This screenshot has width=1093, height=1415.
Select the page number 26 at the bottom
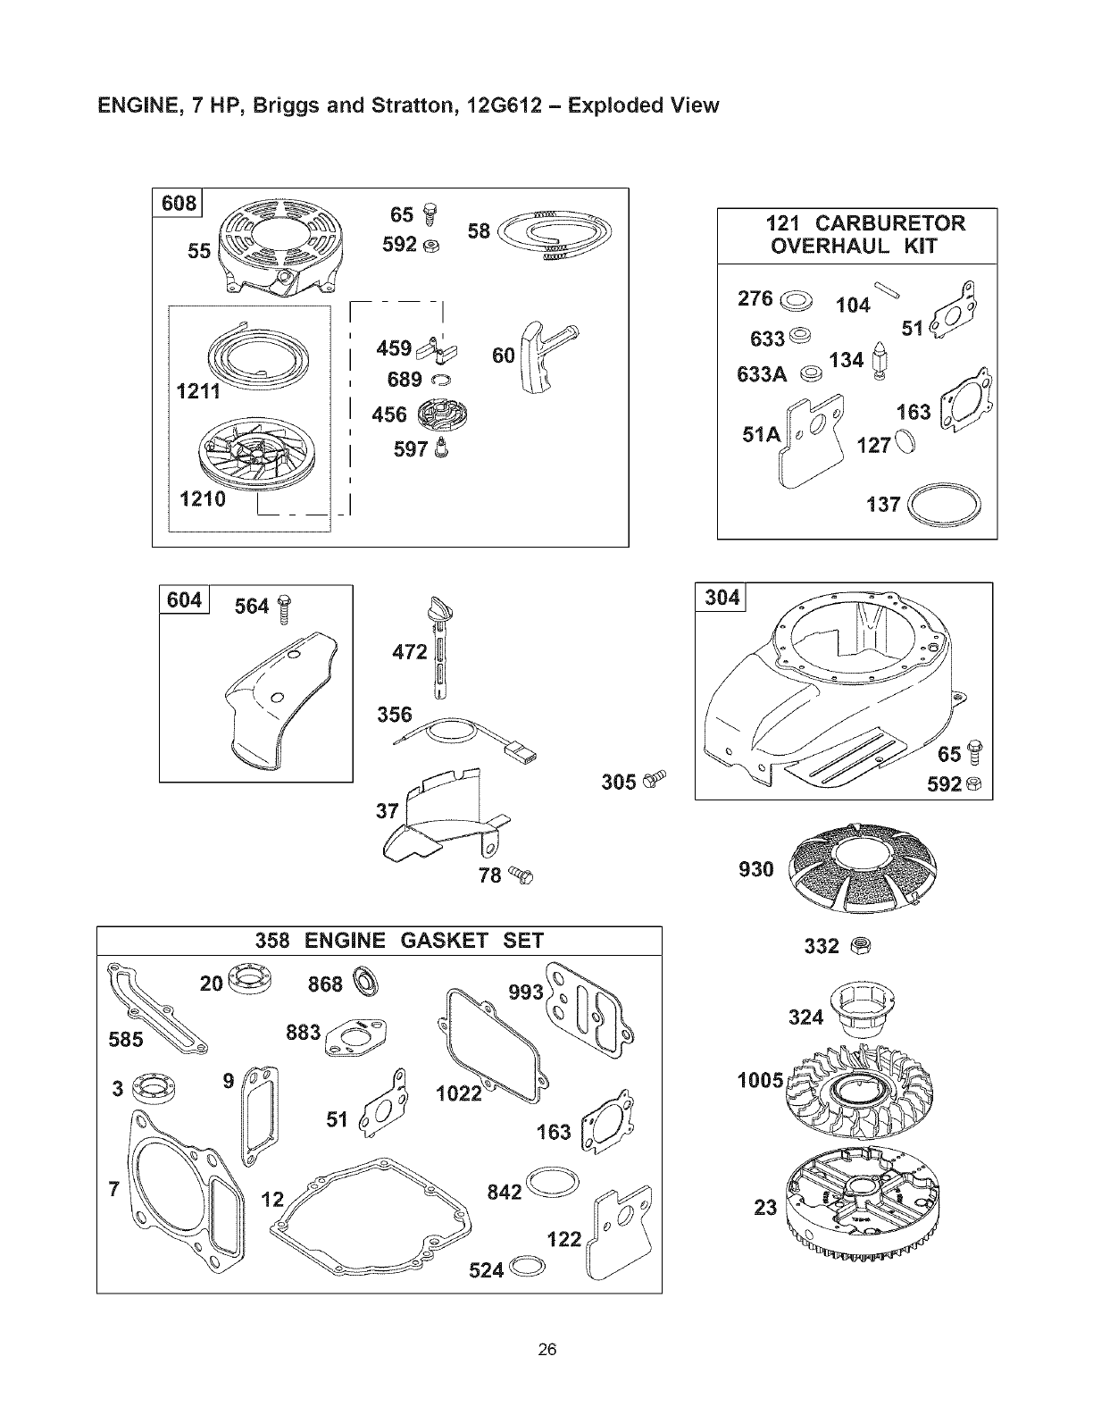tap(547, 1349)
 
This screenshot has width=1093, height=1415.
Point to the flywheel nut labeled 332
tap(861, 943)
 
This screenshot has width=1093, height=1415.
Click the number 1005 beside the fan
tap(760, 1081)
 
